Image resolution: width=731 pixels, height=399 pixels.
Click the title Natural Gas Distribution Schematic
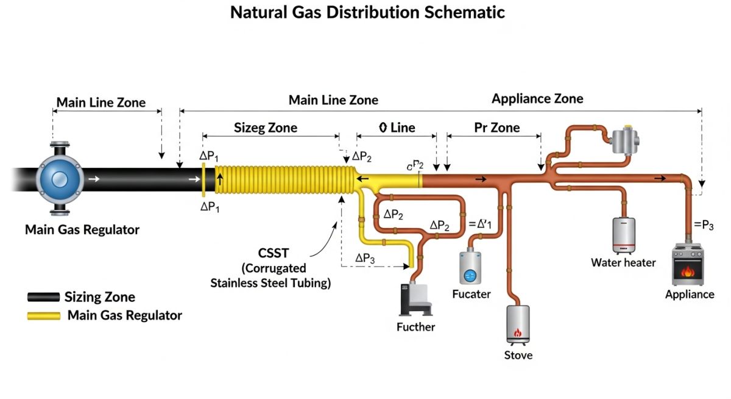click(367, 12)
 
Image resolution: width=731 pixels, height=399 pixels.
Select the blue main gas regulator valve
click(59, 179)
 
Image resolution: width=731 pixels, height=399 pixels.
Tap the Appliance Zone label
click(537, 99)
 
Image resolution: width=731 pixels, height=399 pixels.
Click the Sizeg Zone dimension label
click(266, 128)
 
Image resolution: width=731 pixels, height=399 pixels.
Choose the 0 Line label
click(397, 128)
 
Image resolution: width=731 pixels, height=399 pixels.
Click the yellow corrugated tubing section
click(283, 180)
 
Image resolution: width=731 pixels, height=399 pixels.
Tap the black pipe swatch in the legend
click(43, 297)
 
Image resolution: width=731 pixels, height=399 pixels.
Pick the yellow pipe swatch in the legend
click(43, 315)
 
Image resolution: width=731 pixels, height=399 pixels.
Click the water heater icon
click(623, 235)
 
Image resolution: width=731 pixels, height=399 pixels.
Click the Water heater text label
click(623, 262)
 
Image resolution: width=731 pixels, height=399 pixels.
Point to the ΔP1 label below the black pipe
click(210, 207)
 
